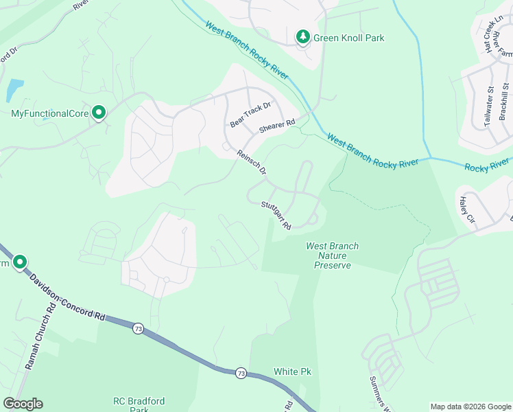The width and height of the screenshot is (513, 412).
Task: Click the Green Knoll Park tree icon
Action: tap(302, 37)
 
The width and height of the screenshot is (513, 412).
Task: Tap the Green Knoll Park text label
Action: tap(349, 38)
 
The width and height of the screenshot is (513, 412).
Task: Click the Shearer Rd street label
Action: tap(276, 126)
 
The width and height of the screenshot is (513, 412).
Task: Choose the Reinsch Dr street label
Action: tap(252, 163)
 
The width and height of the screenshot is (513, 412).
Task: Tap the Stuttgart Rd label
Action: tap(276, 215)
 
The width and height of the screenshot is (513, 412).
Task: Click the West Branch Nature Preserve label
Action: tap(333, 255)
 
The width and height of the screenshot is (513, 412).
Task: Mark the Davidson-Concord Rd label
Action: tap(67, 297)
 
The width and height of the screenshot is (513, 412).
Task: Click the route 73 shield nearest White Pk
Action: tap(240, 373)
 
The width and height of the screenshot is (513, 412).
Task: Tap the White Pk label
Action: tap(293, 371)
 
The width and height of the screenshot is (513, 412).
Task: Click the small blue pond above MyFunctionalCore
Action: tap(14, 89)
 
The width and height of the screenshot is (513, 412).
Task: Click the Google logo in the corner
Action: tap(23, 404)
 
